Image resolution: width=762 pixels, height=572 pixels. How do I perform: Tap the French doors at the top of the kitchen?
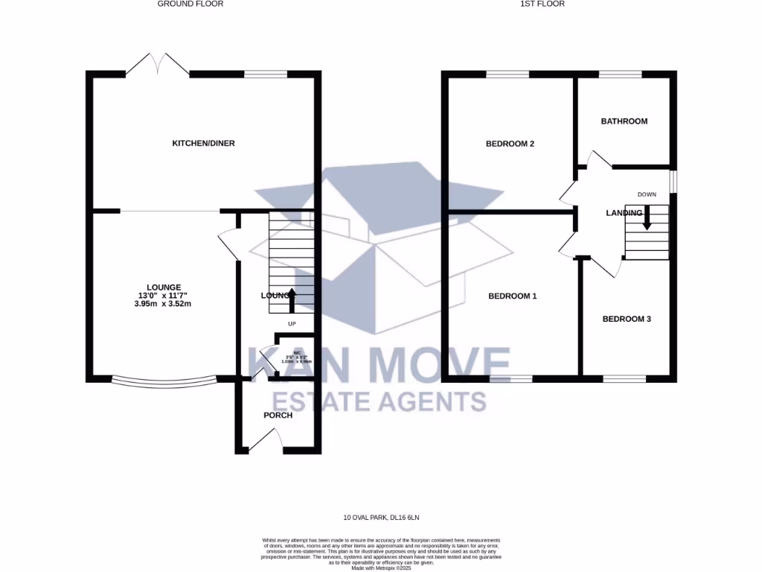(x=157, y=66)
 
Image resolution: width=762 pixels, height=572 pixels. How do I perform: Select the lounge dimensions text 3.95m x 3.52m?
(x=158, y=303)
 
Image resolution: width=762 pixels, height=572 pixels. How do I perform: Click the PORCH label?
(x=278, y=415)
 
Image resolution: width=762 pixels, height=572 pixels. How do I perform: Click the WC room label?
(x=296, y=352)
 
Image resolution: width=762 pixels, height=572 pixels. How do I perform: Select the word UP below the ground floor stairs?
(x=292, y=324)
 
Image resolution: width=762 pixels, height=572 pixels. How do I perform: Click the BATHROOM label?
(x=624, y=121)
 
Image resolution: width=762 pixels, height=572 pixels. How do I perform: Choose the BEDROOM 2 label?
(x=510, y=144)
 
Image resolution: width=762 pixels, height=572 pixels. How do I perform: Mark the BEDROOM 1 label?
(x=512, y=296)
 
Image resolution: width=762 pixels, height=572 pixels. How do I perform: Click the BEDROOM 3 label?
(x=627, y=319)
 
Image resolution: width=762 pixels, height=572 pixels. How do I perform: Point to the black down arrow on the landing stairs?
(x=647, y=217)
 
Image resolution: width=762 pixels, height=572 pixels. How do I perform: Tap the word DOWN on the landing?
(x=647, y=194)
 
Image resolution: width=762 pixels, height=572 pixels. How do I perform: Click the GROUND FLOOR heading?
(x=190, y=4)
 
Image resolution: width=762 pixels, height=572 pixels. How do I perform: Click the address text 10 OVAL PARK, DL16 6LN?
(x=381, y=517)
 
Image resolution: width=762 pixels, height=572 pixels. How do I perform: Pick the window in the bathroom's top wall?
(x=621, y=74)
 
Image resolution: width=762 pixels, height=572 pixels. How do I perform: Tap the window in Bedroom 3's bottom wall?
(x=624, y=379)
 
